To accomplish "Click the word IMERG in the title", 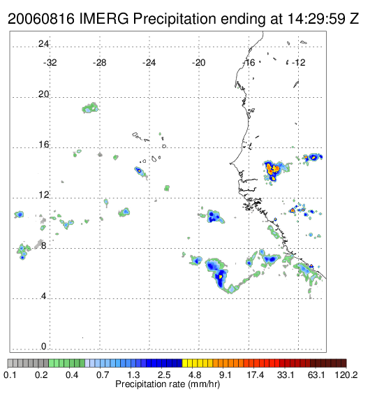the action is pos(104,19).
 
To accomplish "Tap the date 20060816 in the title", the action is pos(41,19).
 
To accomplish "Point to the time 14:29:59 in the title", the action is pos(316,19).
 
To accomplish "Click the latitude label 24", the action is pos(43,44).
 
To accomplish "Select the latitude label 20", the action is pos(43,94).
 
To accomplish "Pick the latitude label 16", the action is pos(43,145).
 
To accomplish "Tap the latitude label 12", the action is pos(43,195).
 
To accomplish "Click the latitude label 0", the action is pos(44,347).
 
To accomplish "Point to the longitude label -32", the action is pos(50,63).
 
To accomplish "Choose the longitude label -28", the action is pos(99,63).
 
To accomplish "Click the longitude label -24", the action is pos(149,63).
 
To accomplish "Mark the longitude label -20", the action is pos(198,63).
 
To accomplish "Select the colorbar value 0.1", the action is pos(10,375).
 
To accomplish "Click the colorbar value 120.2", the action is pos(346,375).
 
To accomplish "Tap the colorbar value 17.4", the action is pos(256,375).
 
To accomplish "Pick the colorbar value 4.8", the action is pos(195,375).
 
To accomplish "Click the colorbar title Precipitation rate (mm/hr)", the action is pos(168,384).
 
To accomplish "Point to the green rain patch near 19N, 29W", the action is pos(90,108).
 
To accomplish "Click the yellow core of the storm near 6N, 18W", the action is pos(221,276).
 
